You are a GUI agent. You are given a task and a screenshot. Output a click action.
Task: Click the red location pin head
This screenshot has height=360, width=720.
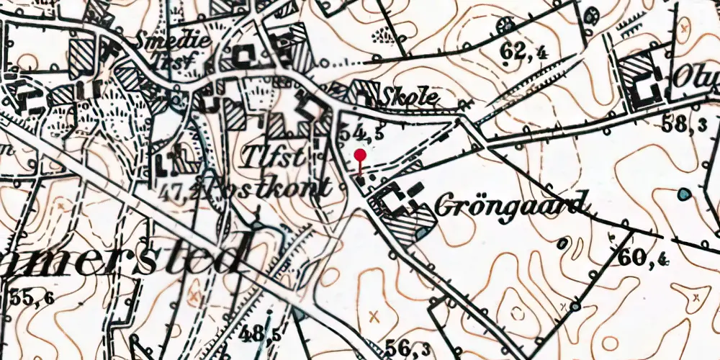(x=361, y=155)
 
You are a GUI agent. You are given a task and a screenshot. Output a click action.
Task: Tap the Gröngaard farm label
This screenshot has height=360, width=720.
(x=511, y=205)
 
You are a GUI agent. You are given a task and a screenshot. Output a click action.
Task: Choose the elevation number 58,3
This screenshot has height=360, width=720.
(x=684, y=124)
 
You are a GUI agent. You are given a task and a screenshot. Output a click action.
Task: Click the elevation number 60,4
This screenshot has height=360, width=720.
(x=636, y=256)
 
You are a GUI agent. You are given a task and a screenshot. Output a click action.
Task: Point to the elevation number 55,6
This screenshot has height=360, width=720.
(x=30, y=297)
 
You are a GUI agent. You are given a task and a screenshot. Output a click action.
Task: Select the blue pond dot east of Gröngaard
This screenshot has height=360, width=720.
(x=683, y=194)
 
